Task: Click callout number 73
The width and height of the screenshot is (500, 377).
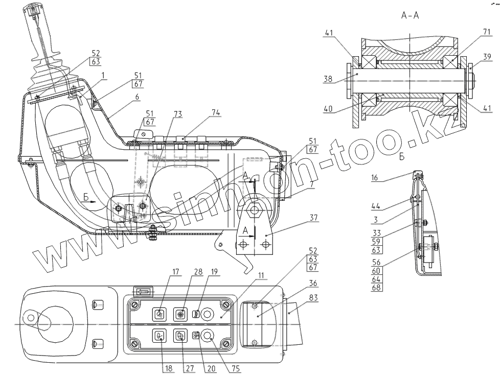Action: click(x=163, y=113)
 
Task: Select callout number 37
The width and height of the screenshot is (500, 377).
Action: click(x=313, y=218)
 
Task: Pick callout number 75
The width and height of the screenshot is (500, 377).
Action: click(x=235, y=367)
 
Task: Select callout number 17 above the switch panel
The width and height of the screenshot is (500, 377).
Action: click(x=176, y=272)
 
